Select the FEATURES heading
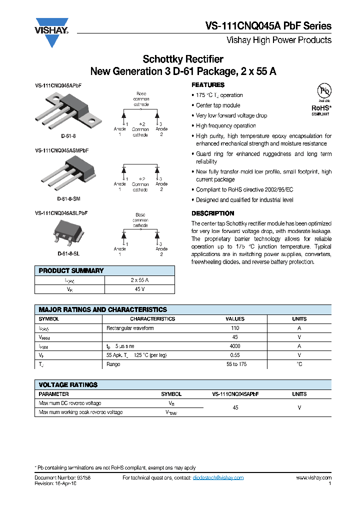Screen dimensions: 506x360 pos(208,85)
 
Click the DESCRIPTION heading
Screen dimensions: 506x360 pos(213,213)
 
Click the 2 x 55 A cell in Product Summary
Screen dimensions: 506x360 pos(139,280)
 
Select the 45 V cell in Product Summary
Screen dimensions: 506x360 pos(139,289)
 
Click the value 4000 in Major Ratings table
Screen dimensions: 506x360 pos(235,346)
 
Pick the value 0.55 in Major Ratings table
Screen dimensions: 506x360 pos(235,355)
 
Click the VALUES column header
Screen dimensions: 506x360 pos(235,318)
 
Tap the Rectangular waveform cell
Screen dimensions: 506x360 pos(130,328)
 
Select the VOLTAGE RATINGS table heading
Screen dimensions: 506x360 pos(68,385)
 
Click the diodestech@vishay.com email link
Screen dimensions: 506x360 pos(218,478)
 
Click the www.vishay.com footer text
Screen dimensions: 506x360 pos(313,478)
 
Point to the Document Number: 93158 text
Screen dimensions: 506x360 pos(62,478)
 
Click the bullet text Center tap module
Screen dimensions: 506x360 pos(218,105)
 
